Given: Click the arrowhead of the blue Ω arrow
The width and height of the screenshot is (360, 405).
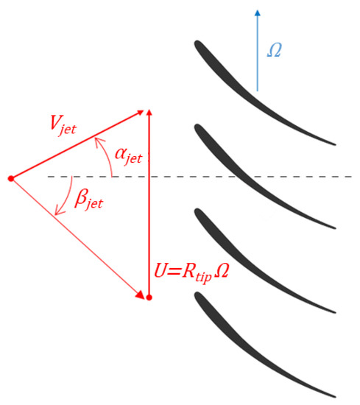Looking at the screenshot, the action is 257,13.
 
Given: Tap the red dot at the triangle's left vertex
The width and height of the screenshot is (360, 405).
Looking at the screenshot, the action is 10,178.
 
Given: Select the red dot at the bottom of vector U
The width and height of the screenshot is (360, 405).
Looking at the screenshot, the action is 149,297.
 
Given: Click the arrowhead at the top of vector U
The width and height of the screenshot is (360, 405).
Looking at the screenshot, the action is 149,113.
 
